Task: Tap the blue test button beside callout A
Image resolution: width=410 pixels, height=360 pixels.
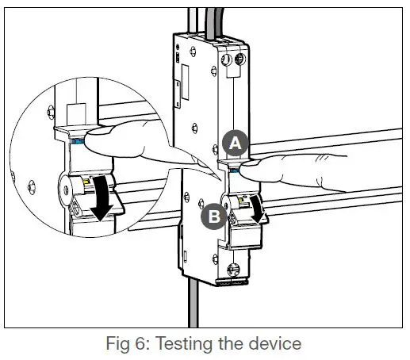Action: pyautogui.click(x=235, y=168)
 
